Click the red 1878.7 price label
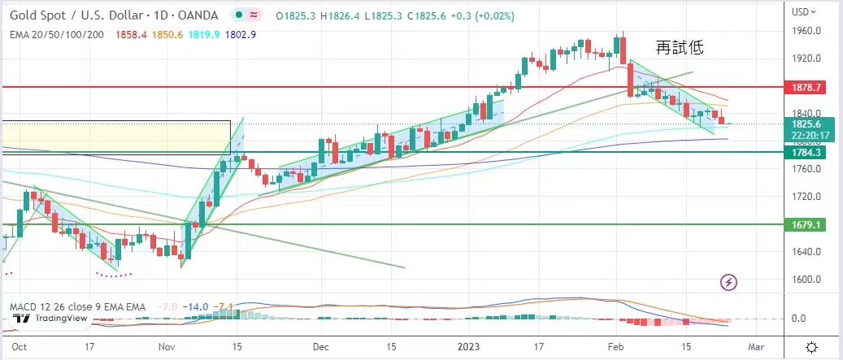pos(809,86)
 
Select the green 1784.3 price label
pos(809,152)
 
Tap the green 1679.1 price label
pos(809,223)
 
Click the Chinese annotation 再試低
pos(679,49)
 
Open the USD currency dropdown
pos(806,11)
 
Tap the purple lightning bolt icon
pos(729,282)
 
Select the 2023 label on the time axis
pos(471,345)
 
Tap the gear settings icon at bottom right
pos(811,345)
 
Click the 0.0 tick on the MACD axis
pos(798,319)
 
